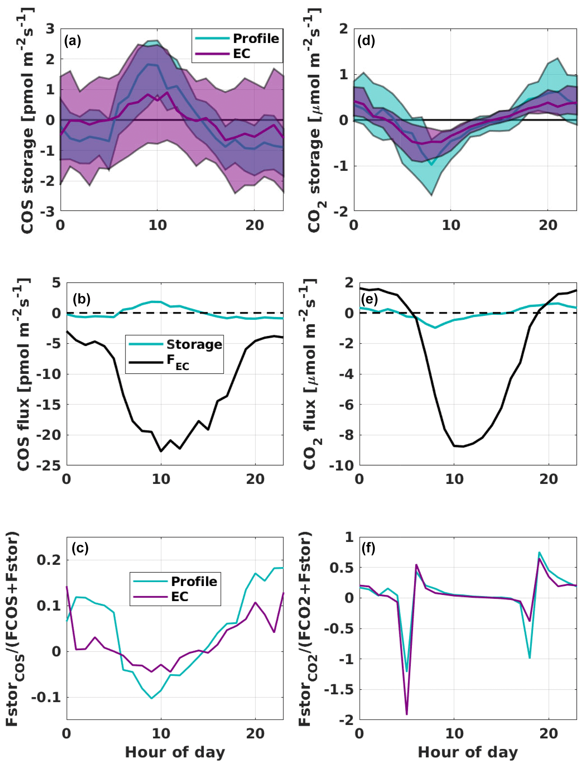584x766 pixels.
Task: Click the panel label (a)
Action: (x=72, y=41)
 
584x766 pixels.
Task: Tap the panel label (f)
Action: (x=368, y=548)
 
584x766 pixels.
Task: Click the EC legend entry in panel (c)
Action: (x=180, y=596)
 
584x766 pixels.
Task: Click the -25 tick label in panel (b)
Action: (x=49, y=465)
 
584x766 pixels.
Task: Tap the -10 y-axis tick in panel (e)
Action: (x=341, y=465)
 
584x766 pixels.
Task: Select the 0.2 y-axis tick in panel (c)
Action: (x=49, y=560)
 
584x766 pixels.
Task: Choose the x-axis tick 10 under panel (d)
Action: (x=451, y=225)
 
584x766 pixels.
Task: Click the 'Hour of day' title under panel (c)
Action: (x=175, y=752)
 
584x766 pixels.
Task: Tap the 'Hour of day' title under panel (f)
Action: (x=468, y=752)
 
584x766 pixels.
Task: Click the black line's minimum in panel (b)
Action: (x=161, y=451)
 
